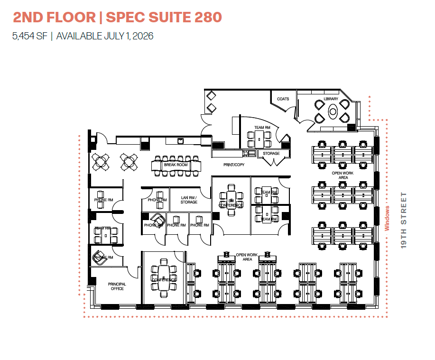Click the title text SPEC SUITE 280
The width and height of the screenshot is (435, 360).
click(164, 18)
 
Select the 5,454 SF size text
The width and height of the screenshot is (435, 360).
click(30, 36)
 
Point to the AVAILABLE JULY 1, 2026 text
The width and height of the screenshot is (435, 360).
click(105, 36)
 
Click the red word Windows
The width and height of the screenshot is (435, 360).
click(387, 218)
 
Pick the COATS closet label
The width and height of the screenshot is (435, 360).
click(283, 99)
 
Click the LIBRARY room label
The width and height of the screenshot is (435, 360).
click(331, 99)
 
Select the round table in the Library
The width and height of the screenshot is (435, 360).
click(333, 112)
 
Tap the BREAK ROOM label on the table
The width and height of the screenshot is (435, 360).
click(176, 165)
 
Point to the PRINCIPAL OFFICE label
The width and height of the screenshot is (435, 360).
click(117, 286)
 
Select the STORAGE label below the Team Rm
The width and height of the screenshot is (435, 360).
click(271, 153)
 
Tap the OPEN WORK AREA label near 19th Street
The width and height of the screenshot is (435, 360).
click(343, 175)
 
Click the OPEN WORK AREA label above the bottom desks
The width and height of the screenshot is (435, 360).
click(247, 257)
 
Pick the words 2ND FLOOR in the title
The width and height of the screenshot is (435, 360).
click(54, 18)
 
